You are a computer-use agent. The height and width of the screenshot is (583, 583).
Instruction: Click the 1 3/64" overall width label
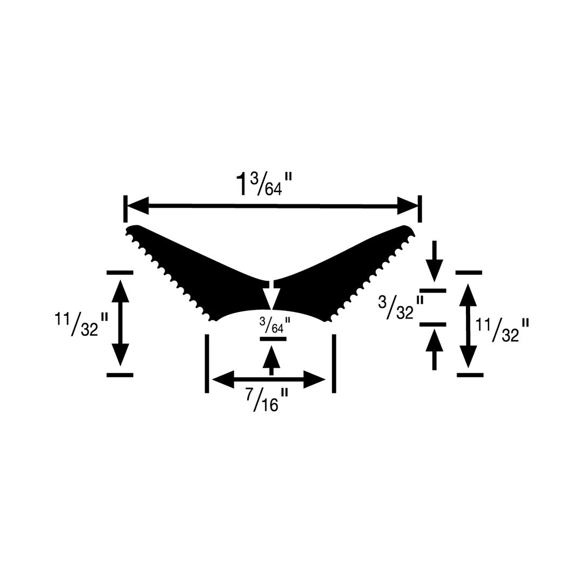(x=264, y=184)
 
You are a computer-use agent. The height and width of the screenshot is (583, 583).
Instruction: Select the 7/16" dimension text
(x=265, y=400)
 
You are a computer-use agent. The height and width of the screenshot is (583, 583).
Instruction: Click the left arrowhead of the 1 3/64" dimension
(x=139, y=206)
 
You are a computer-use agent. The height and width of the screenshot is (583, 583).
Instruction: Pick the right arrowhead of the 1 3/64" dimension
(x=408, y=206)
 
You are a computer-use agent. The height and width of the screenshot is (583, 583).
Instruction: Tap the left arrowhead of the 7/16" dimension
(x=223, y=379)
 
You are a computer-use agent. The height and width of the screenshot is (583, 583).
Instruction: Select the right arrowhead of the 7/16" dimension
(x=315, y=379)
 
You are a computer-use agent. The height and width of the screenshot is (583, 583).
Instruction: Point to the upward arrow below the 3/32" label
(x=435, y=341)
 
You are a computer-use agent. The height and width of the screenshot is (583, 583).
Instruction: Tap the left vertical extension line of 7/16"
(x=207, y=363)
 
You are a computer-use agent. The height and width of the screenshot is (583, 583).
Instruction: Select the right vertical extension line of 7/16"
(x=334, y=363)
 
